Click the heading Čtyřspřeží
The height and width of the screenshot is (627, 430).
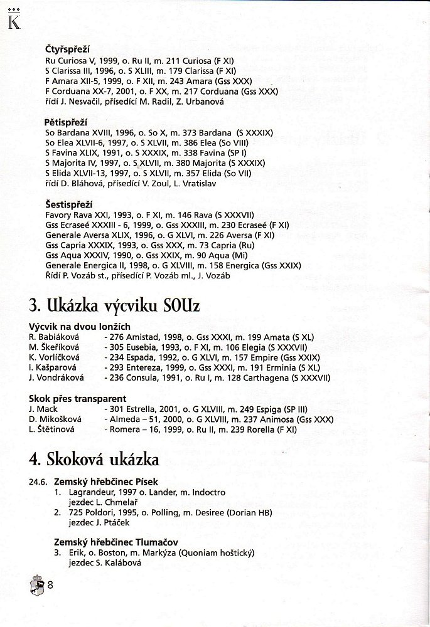[x=67, y=48]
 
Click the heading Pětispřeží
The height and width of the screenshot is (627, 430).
[x=65, y=122]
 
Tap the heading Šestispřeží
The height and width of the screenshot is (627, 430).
[x=68, y=203]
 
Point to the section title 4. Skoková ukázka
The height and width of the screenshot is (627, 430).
[x=94, y=459]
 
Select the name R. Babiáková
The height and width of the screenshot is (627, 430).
[x=55, y=337]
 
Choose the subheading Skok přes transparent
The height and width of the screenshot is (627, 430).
[x=78, y=398]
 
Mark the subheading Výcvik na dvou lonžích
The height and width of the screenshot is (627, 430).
[x=79, y=327]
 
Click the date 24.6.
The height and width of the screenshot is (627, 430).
[x=36, y=482]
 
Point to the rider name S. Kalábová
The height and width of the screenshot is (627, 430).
[x=119, y=562]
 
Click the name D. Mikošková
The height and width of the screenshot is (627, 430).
[x=54, y=419]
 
